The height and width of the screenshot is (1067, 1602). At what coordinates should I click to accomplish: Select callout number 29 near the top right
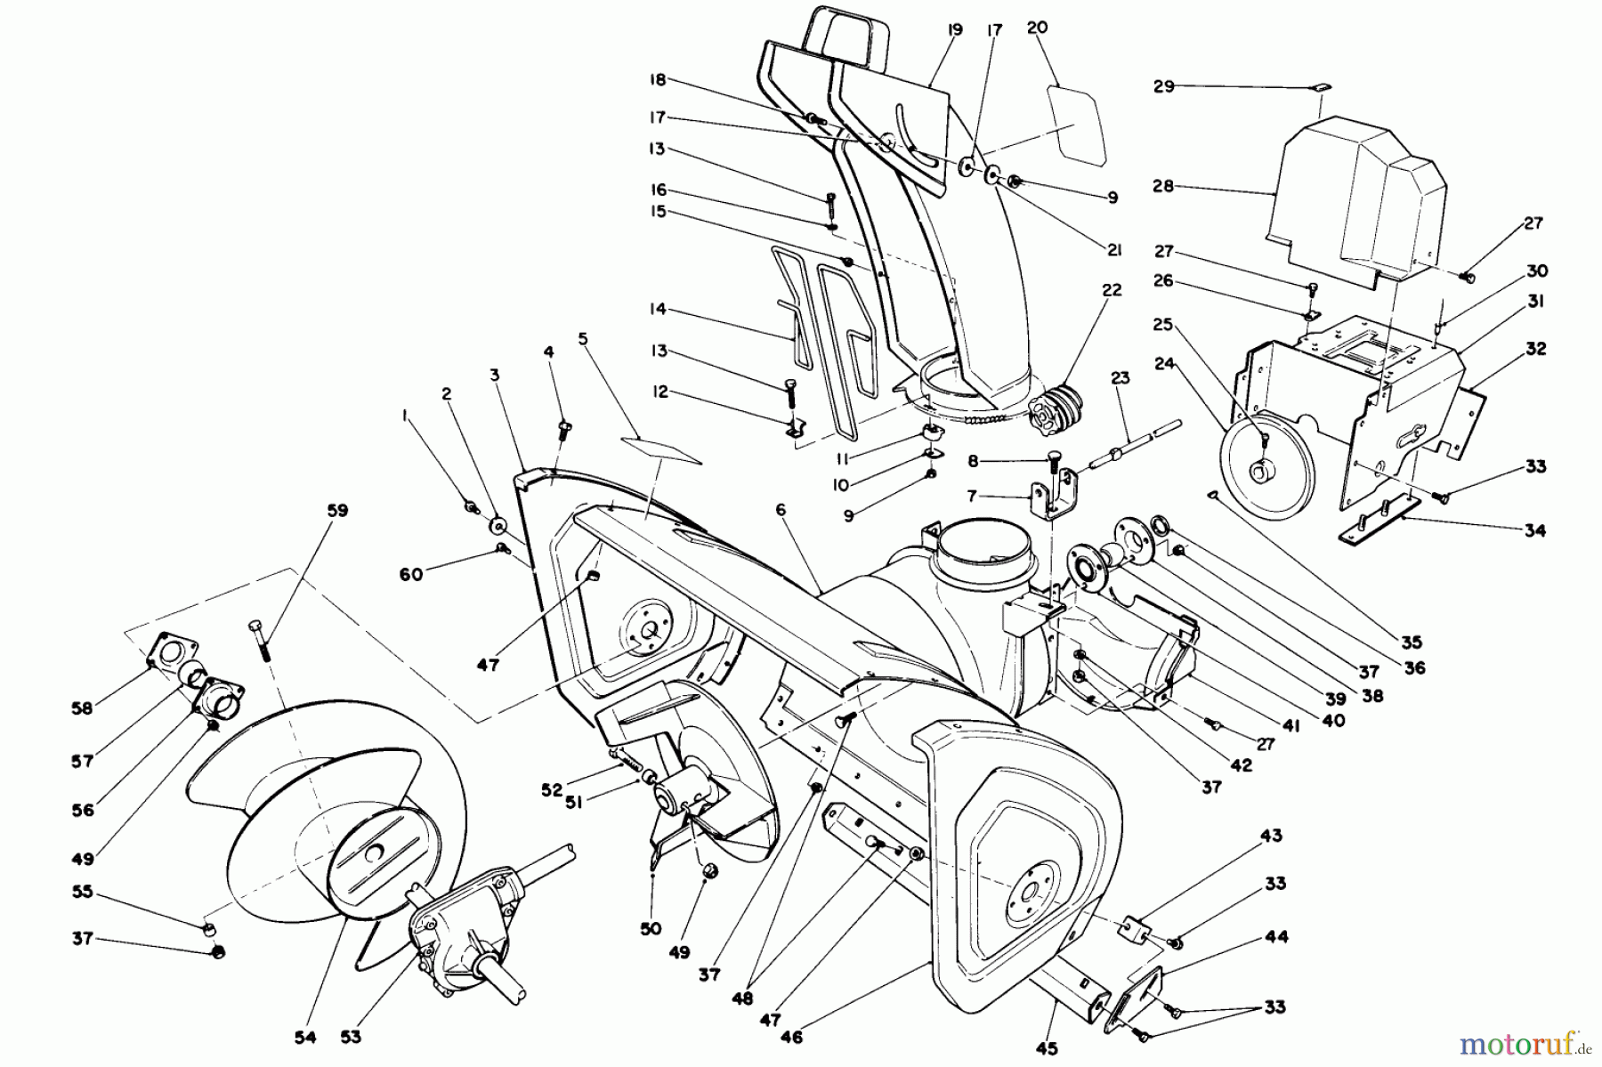(1163, 86)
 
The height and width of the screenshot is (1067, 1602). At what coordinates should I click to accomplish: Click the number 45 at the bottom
(1047, 1048)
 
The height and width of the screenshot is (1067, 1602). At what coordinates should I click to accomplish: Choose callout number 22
(1112, 290)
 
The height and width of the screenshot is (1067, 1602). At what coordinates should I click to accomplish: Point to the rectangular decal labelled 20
(1078, 124)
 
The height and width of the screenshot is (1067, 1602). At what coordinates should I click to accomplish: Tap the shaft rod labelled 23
(1125, 444)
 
